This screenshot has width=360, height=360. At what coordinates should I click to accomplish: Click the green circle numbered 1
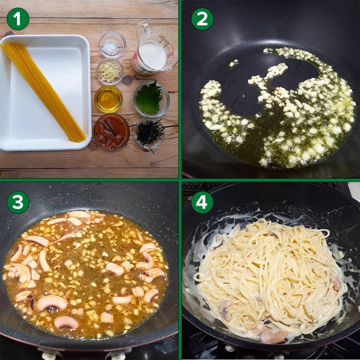point(18,19)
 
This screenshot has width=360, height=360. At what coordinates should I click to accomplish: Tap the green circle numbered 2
point(202,19)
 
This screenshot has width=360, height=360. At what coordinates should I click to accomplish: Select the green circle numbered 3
point(18,202)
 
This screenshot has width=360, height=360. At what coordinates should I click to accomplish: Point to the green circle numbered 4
point(202,202)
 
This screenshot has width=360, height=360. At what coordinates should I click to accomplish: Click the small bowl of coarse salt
point(112,44)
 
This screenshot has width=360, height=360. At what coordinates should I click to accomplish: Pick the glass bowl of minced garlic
point(110,72)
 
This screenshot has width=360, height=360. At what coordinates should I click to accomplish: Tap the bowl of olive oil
point(108,99)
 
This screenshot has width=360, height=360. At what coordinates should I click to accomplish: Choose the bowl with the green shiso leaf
point(151,99)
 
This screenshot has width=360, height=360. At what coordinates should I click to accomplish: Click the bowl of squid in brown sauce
point(112,132)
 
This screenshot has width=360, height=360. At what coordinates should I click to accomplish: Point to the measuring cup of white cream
point(155,49)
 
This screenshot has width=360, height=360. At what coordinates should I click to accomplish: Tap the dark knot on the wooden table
point(127,80)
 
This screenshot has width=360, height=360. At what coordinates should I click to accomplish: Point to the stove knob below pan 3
point(49,356)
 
